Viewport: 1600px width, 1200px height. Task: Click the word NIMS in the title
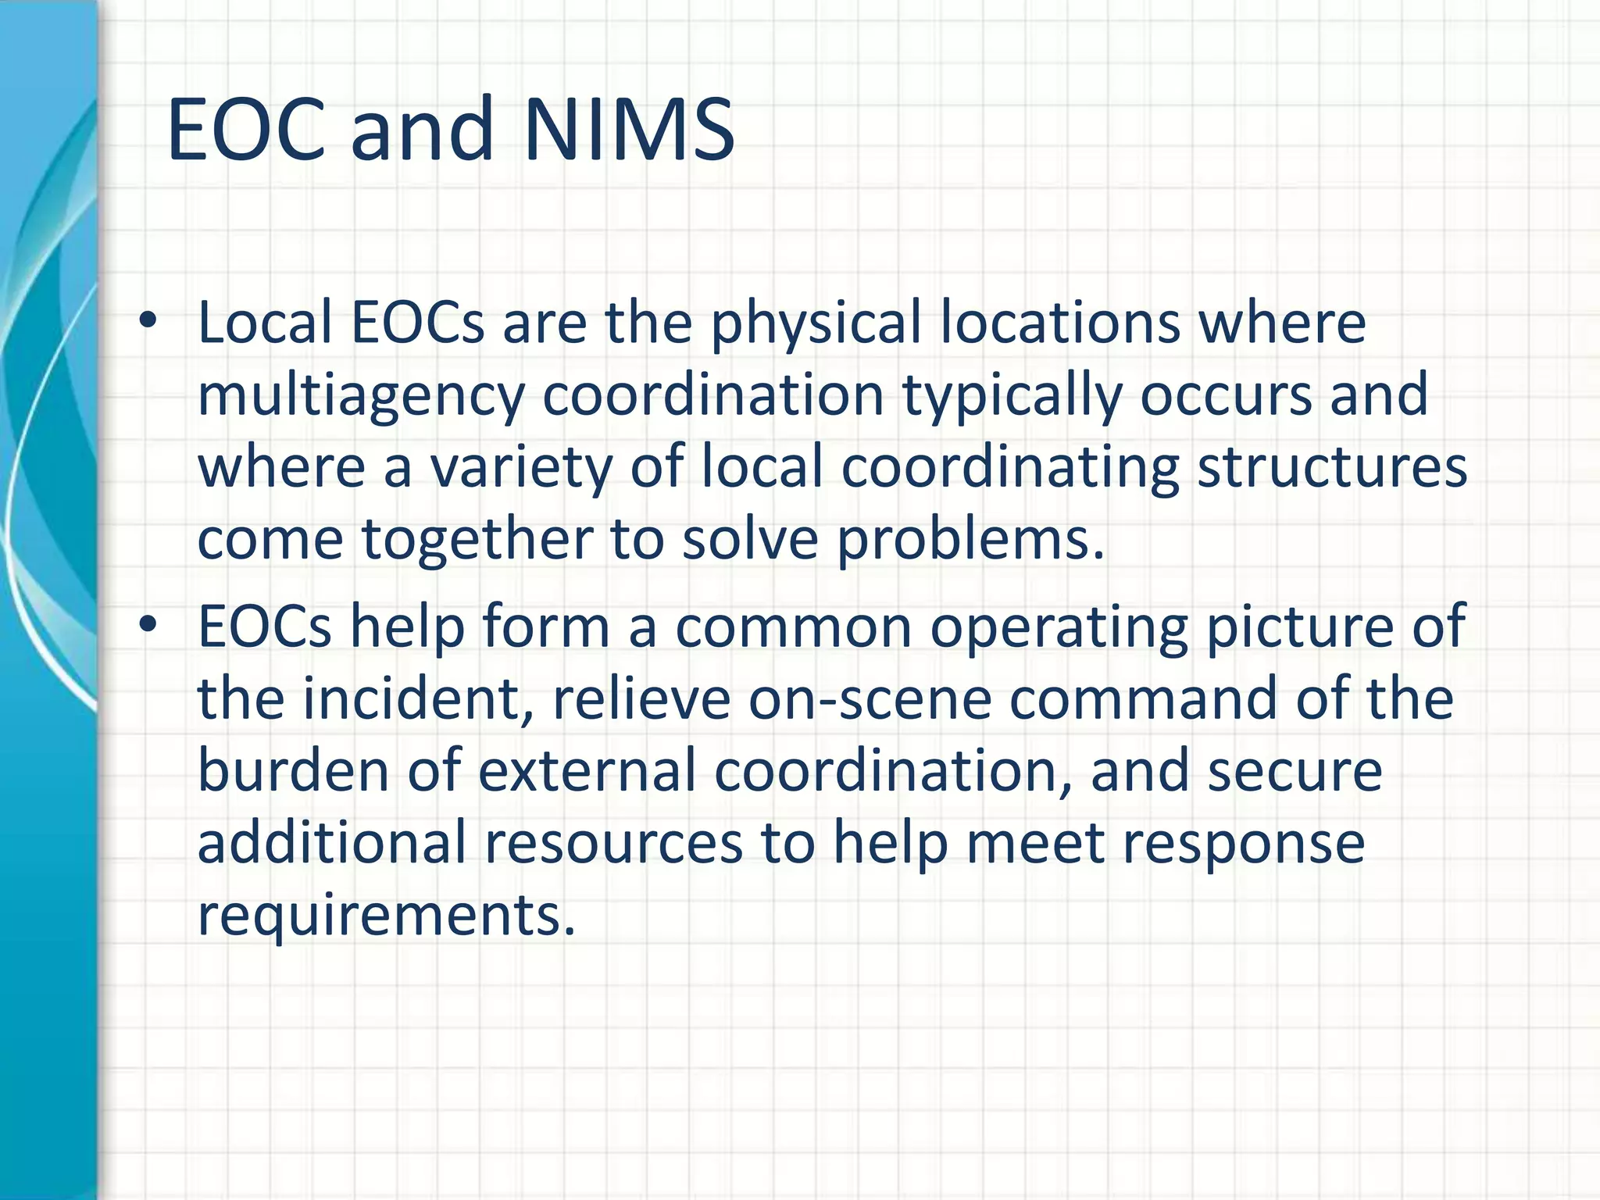point(630,129)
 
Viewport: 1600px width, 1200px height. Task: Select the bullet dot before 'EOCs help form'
point(148,624)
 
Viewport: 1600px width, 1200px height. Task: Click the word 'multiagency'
point(360,397)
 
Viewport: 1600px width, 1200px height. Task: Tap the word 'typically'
point(1011,397)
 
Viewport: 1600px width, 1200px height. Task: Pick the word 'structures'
point(1332,467)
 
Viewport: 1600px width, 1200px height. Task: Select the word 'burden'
point(293,770)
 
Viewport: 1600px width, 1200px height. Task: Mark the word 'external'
point(587,770)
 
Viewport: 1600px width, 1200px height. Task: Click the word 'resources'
point(613,842)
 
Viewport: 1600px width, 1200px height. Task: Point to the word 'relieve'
point(641,698)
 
